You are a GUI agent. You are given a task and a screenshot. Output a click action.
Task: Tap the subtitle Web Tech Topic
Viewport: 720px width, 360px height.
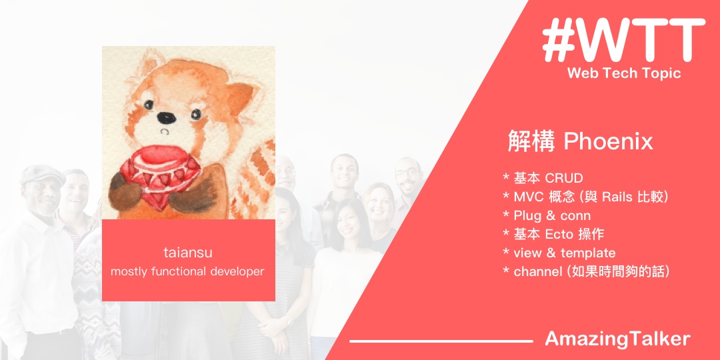[x=624, y=73]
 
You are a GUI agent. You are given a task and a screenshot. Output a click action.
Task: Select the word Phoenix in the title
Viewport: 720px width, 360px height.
[x=609, y=141]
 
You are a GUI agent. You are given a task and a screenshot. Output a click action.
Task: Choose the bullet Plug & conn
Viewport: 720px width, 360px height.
[x=547, y=216]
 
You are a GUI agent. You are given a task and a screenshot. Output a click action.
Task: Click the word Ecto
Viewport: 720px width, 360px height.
[x=559, y=235]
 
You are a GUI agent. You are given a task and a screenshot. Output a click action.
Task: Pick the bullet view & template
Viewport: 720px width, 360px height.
[x=559, y=253]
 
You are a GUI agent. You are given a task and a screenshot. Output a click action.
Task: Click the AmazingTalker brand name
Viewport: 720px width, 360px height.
[x=617, y=339]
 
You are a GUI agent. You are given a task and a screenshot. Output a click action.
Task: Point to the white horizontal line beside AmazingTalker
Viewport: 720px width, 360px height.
[x=441, y=341]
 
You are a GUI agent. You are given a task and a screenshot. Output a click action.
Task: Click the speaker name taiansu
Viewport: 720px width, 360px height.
[x=188, y=252]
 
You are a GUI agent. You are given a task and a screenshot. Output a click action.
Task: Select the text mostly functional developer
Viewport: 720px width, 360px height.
[x=187, y=271]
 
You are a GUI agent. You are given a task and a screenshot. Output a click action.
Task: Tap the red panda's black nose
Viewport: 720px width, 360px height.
[x=166, y=117]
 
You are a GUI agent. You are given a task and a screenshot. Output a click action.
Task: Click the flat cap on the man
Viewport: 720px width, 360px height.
[x=42, y=175]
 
